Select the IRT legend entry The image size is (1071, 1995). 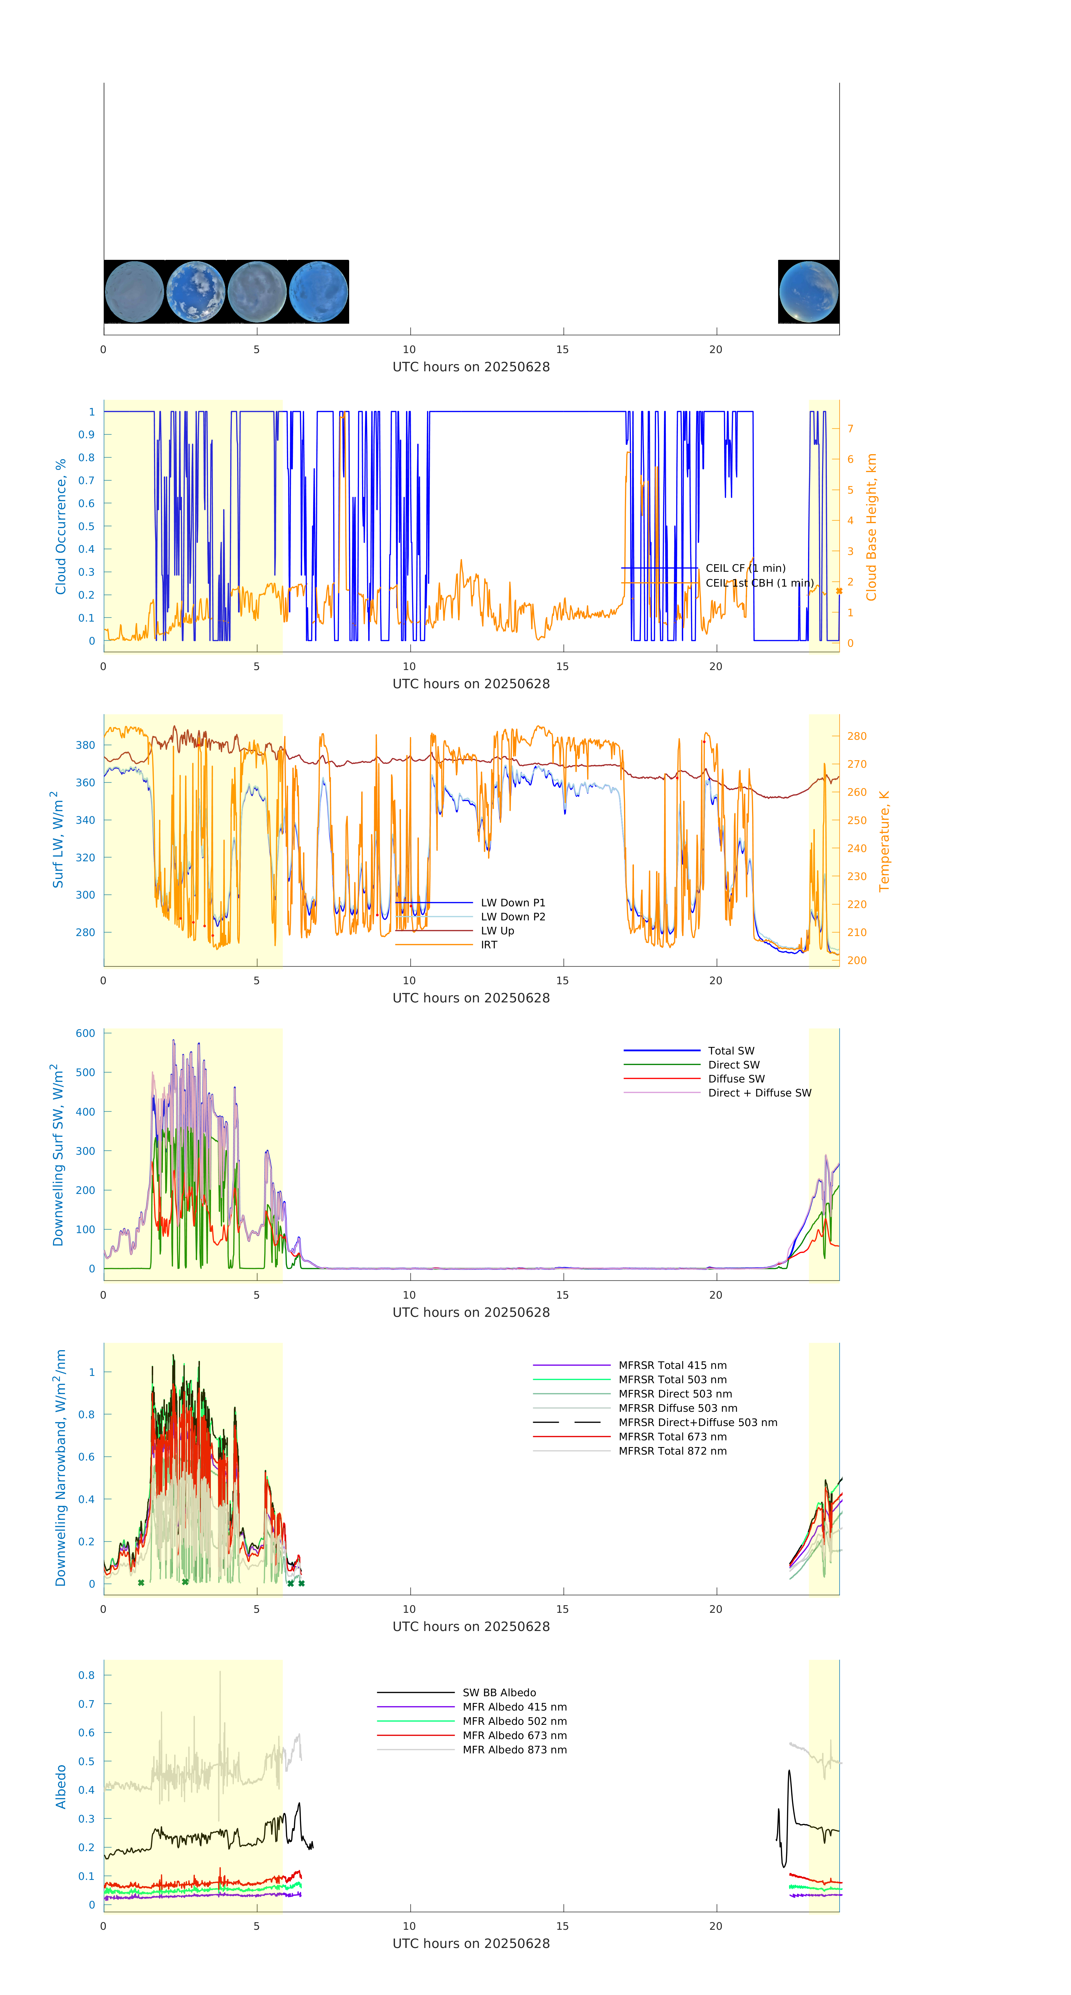(x=489, y=945)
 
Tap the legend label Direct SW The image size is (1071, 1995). (x=733, y=1065)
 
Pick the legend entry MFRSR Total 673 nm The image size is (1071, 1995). (x=672, y=1437)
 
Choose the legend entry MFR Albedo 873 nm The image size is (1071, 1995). (x=514, y=1749)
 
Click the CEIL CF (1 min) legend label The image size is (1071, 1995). (x=745, y=568)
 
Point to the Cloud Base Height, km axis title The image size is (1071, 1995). (x=871, y=527)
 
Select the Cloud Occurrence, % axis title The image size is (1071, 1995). (x=60, y=527)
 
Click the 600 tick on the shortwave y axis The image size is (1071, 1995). (x=86, y=1033)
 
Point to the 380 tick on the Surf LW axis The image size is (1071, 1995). (x=86, y=745)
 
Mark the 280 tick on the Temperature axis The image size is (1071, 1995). (x=857, y=736)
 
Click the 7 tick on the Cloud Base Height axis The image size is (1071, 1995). (x=850, y=428)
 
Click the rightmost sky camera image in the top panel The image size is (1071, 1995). (x=808, y=292)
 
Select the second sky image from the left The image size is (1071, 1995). (x=196, y=292)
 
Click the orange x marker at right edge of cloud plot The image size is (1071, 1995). (x=839, y=591)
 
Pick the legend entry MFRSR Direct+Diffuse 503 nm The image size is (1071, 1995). (x=698, y=1423)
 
